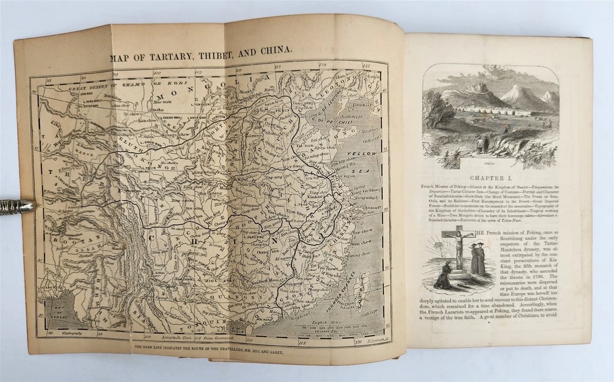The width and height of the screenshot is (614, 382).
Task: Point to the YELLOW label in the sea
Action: [x=361, y=153]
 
